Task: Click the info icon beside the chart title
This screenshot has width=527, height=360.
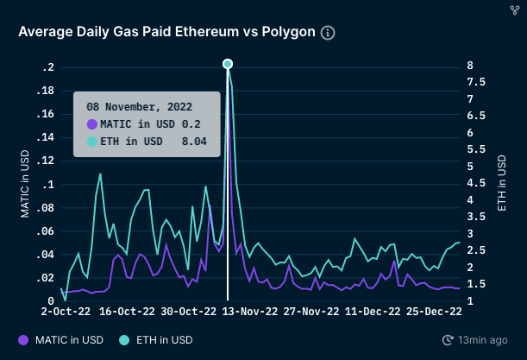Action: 328,33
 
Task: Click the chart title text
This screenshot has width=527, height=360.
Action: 166,33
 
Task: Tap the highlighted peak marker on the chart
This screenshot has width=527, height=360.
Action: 228,64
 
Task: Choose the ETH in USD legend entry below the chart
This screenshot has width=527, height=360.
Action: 155,340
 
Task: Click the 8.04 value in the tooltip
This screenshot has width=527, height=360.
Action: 193,142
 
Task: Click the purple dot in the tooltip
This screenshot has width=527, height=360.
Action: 93,124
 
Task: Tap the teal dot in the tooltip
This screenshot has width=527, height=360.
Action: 93,142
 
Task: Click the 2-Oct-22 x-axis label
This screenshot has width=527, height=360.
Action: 72,309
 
